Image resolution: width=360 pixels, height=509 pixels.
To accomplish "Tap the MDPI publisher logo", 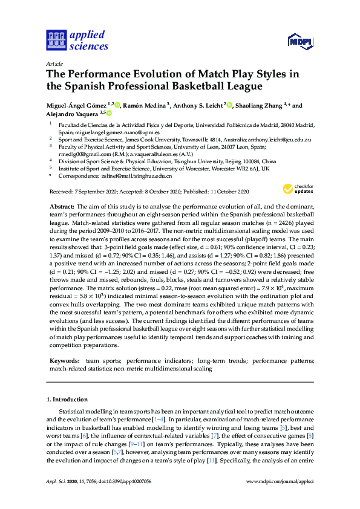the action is coord(299,41).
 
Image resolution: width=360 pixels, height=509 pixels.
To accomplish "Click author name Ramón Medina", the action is coord(146,105).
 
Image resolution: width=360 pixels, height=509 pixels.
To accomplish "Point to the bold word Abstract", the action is coord(61,207).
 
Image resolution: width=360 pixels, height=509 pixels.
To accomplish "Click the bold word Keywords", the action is coord(64,360).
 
